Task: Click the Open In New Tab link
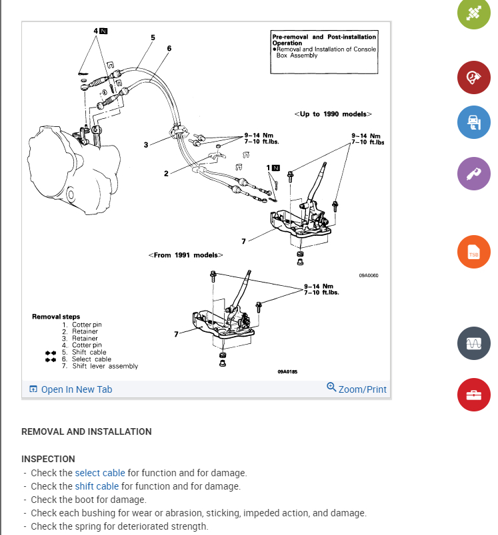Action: (x=70, y=389)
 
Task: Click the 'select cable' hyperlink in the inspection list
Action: (x=100, y=473)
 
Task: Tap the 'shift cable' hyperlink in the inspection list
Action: (x=97, y=486)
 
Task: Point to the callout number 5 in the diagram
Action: (x=153, y=37)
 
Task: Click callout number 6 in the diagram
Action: (x=169, y=48)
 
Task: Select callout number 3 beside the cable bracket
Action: (x=145, y=144)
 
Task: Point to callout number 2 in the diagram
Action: (x=166, y=174)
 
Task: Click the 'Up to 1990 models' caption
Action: (x=333, y=114)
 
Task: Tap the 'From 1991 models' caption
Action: (x=186, y=255)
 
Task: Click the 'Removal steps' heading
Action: (x=56, y=317)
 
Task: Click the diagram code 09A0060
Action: (x=368, y=275)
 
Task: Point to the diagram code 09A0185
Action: (x=287, y=371)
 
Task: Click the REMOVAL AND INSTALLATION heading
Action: (x=87, y=431)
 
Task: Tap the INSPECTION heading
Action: (x=48, y=459)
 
